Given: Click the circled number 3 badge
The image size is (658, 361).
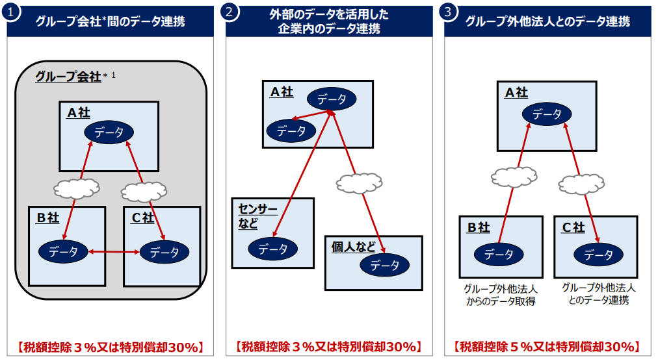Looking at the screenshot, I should coord(447,12).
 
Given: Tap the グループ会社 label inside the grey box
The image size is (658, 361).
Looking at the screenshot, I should coord(68,77).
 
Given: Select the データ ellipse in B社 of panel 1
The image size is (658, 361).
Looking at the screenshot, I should coord(63,251).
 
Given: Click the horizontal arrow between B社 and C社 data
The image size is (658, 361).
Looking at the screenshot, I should coord(114,251).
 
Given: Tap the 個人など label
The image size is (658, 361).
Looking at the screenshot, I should coord(353,247).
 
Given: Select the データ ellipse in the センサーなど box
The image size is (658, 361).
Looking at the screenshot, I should coord(272,248).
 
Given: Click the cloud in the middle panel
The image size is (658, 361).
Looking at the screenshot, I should coord(357,184).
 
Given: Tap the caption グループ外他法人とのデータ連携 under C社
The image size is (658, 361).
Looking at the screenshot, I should coord(598,293).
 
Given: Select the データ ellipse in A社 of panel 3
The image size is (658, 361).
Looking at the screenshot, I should coord(547,114).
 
